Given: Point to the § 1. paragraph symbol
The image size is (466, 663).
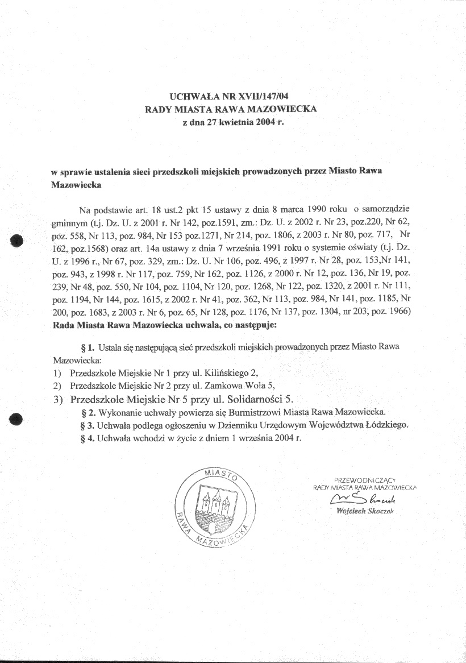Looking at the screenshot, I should coord(88,347).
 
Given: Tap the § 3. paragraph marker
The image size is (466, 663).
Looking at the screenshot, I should coord(88,425).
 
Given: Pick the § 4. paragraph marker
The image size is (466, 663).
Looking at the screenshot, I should coord(88,438).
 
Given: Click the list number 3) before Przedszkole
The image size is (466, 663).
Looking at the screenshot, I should coord(57,400).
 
